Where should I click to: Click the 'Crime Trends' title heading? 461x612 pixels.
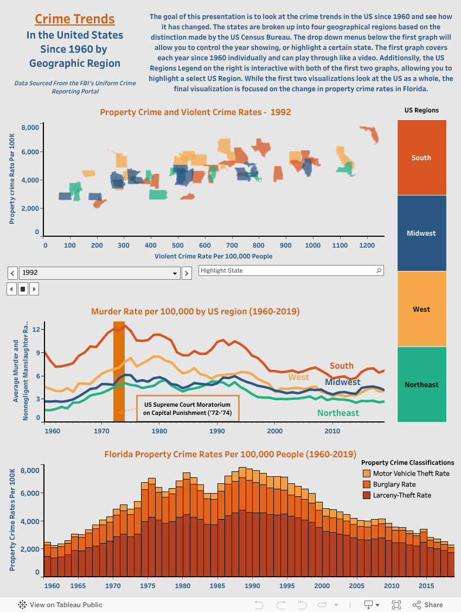(x=75, y=19)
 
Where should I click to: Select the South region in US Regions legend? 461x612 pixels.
(x=421, y=157)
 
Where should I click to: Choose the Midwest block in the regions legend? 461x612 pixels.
(x=421, y=233)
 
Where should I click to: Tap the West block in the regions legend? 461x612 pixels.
(x=421, y=309)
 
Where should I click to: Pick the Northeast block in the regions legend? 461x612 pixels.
(x=421, y=384)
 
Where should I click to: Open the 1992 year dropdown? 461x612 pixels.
(x=99, y=273)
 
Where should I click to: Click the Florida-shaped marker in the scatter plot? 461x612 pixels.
(x=370, y=134)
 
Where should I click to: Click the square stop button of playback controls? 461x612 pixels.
(x=23, y=289)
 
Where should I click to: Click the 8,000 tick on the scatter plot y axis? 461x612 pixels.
(x=30, y=127)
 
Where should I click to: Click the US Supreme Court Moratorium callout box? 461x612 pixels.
(x=187, y=408)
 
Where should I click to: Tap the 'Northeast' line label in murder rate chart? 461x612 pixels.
(x=338, y=413)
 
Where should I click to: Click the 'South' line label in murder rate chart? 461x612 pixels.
(x=341, y=366)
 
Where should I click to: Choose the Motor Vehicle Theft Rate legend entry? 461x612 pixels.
(x=411, y=474)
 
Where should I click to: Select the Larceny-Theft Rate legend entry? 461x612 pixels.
(x=402, y=495)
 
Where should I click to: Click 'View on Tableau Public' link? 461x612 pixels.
(x=60, y=604)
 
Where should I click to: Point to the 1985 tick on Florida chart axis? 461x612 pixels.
(x=217, y=586)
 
